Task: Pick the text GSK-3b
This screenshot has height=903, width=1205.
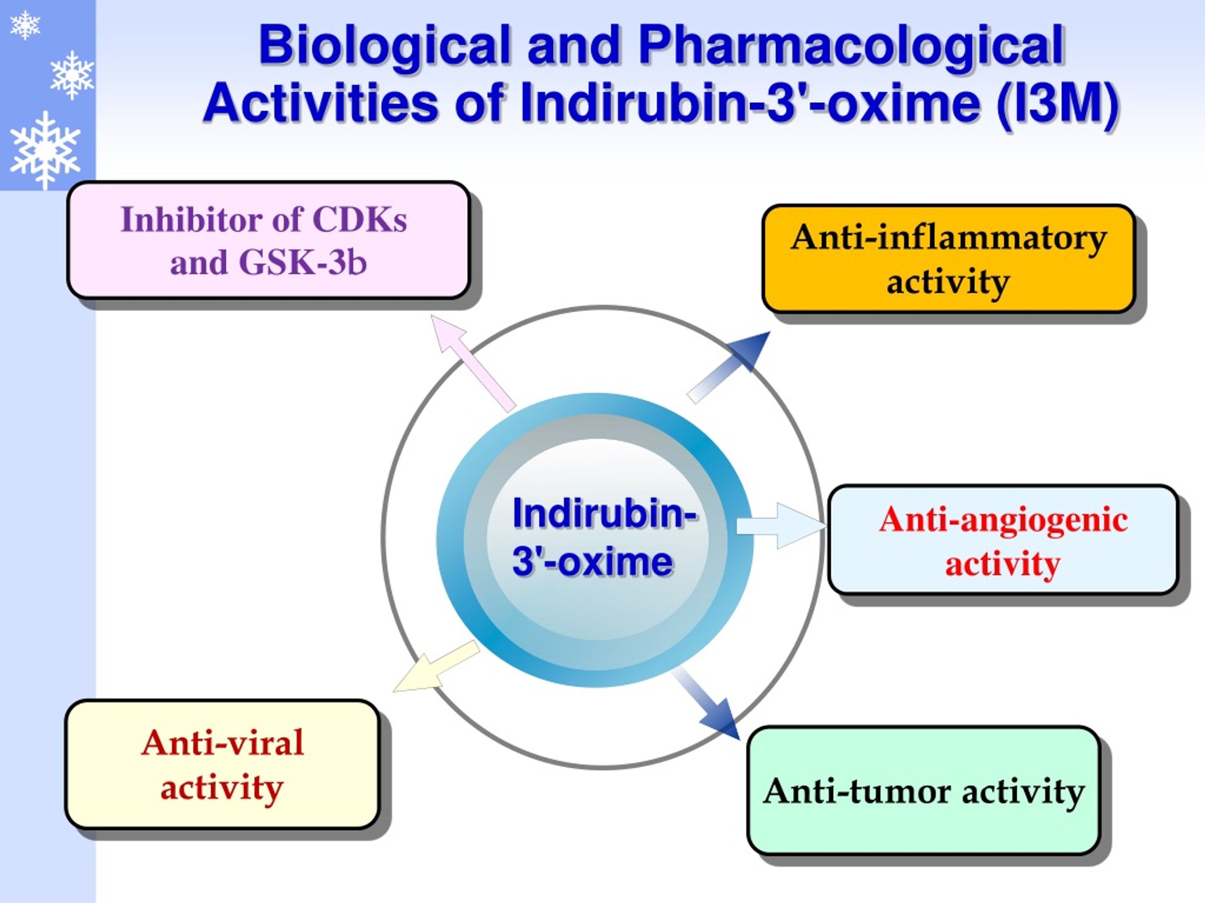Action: [x=303, y=262]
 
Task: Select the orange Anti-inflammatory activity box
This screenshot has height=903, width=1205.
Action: [x=948, y=259]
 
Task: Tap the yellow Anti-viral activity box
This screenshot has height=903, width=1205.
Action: [x=222, y=764]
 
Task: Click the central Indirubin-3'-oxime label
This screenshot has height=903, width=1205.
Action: [x=603, y=537]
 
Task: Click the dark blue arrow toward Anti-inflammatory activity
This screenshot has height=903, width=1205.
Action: [x=729, y=367]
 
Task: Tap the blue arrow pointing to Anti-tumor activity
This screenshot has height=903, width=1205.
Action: [x=706, y=704]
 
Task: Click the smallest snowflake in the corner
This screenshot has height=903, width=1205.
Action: [x=25, y=25]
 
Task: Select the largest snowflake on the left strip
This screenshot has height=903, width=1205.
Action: [x=45, y=150]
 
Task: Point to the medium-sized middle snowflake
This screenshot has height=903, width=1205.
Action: [x=72, y=75]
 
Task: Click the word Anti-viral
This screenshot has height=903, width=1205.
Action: [x=222, y=743]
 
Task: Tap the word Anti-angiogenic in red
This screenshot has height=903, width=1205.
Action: [x=1003, y=520]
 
